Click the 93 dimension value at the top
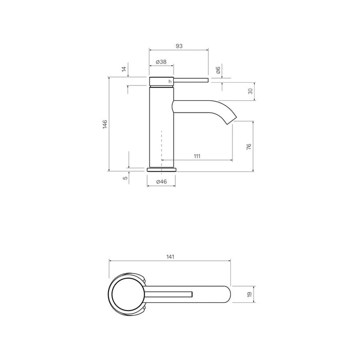[x=179, y=46]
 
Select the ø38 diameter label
[x=161, y=62]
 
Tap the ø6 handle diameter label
[x=218, y=70]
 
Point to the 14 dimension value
[x=123, y=69]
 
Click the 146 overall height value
[x=104, y=124]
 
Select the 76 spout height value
[x=249, y=147]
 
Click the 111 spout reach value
[x=197, y=156]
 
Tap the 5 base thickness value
[x=124, y=177]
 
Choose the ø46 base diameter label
[x=161, y=182]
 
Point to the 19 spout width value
[x=249, y=294]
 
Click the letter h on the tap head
[x=170, y=82]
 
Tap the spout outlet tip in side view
[x=233, y=120]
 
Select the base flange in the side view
[x=162, y=169]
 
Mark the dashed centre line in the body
[x=161, y=147]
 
